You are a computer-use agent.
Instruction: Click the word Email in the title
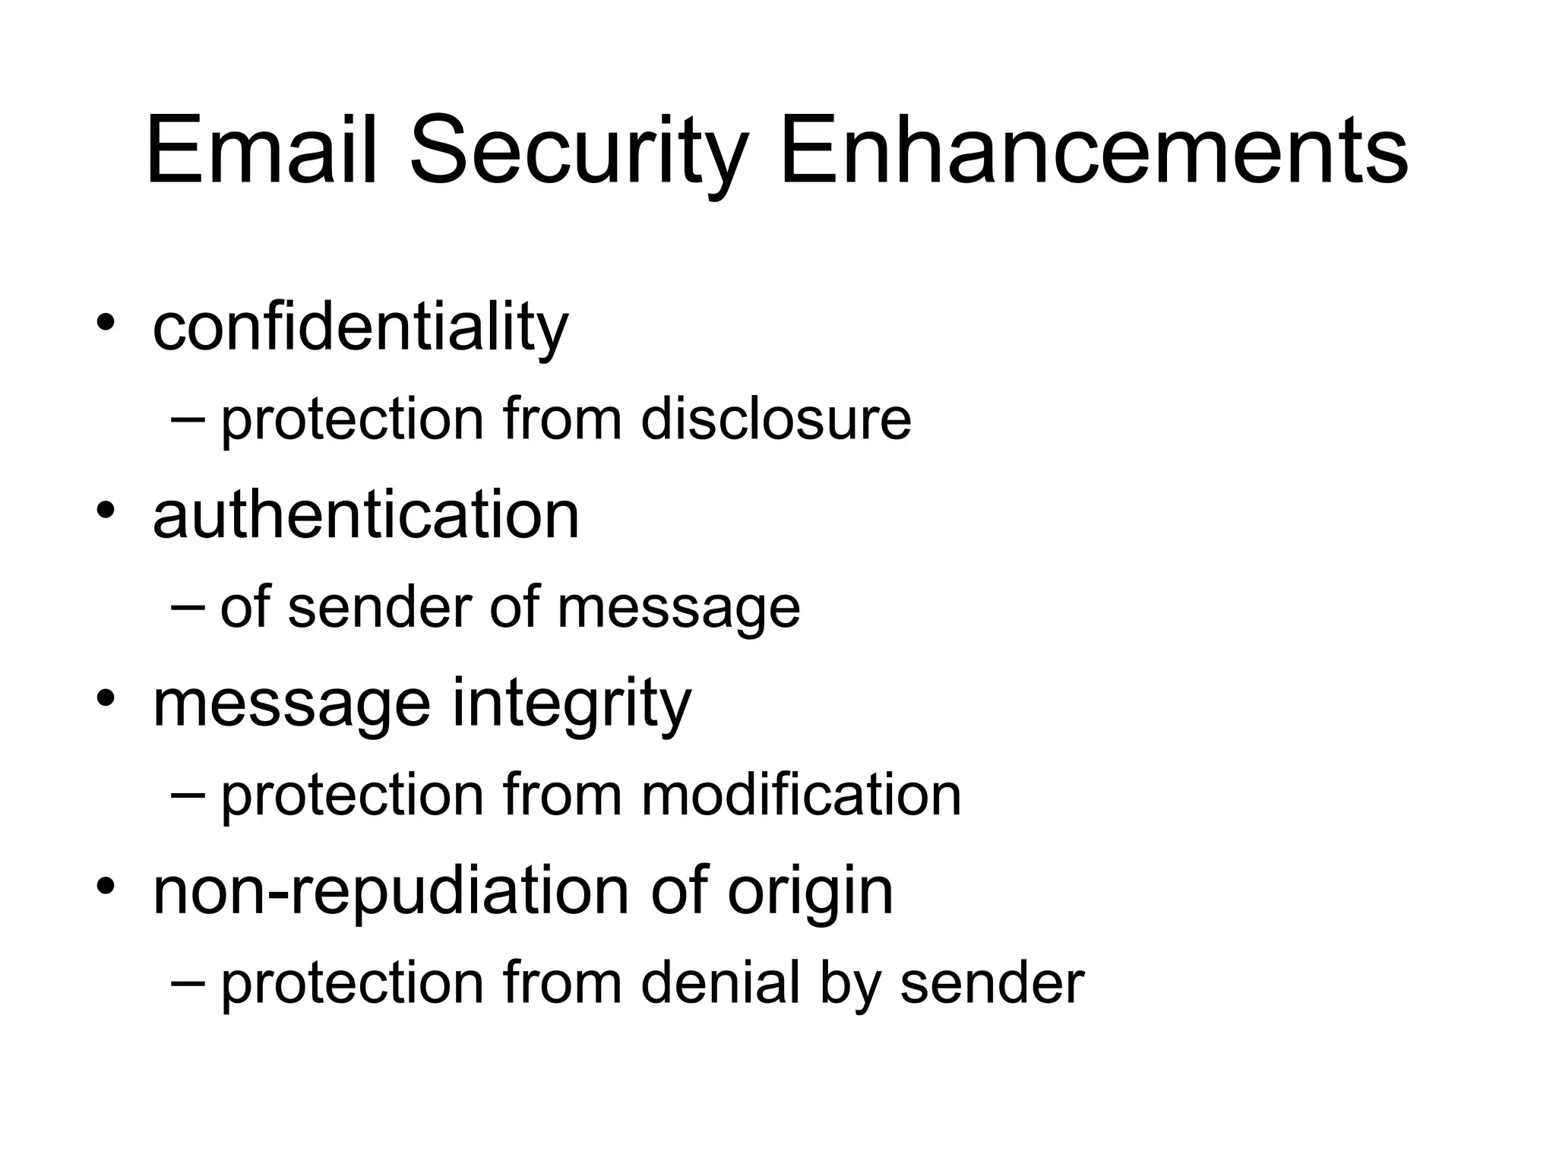(261, 150)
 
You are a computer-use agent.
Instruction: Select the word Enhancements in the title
(1094, 150)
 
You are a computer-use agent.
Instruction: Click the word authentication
(365, 514)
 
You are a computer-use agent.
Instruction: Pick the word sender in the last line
(991, 983)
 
